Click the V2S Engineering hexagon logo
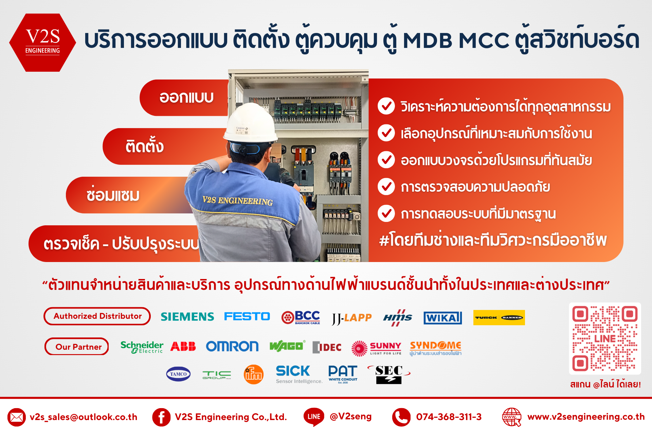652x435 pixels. click(x=42, y=42)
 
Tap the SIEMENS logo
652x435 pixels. click(x=187, y=317)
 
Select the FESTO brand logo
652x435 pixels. click(x=247, y=316)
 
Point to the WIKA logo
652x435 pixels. click(x=443, y=318)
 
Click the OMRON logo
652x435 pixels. click(x=232, y=346)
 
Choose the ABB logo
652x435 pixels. click(x=183, y=346)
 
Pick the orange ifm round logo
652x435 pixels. click(x=254, y=375)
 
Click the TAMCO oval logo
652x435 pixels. click(x=178, y=374)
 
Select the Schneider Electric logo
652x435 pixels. click(x=142, y=347)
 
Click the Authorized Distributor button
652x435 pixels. click(x=97, y=316)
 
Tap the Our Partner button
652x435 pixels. click(x=77, y=346)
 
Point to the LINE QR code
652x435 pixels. click(x=605, y=338)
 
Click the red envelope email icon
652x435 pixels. click(x=17, y=417)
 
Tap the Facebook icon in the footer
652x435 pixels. click(x=161, y=417)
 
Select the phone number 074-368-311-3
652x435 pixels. click(x=449, y=417)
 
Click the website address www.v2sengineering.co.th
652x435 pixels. click(x=586, y=417)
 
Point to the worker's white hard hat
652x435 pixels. click(x=251, y=123)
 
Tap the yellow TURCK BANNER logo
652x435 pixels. click(x=499, y=317)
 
